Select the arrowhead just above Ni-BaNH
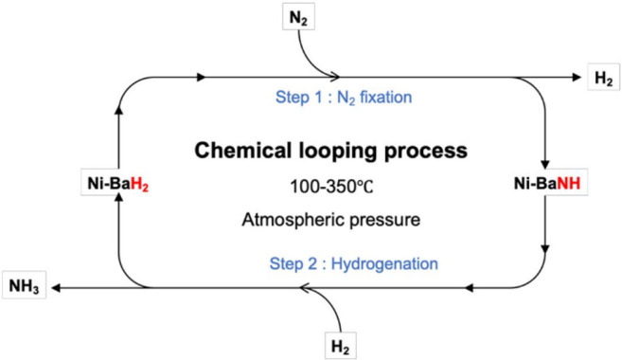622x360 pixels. click(x=548, y=163)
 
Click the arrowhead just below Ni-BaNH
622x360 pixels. click(x=548, y=250)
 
